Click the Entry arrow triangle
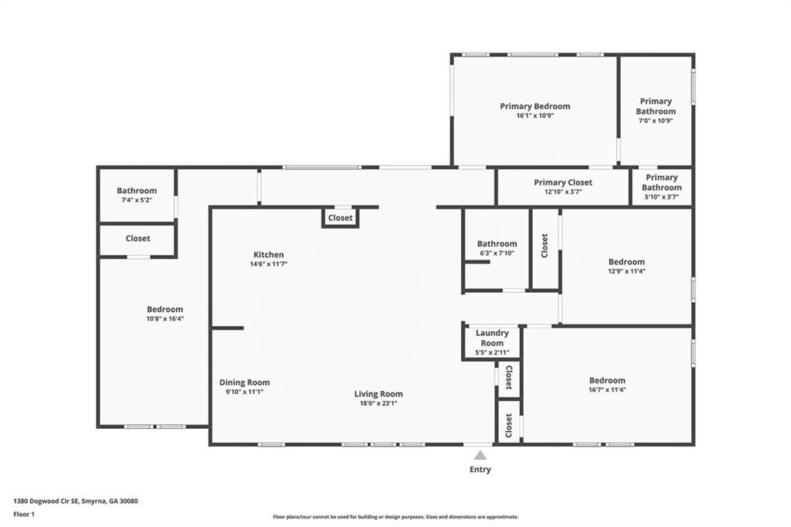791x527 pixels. (x=480, y=455)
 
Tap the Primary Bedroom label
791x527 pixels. (x=535, y=107)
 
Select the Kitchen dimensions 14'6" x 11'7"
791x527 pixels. (x=269, y=264)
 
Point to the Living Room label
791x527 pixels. (x=379, y=394)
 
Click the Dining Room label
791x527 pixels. (x=245, y=382)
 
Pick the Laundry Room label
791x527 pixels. (x=492, y=338)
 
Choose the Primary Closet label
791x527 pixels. (x=563, y=182)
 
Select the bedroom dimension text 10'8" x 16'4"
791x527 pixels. (x=165, y=318)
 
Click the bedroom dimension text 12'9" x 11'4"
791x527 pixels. (x=626, y=271)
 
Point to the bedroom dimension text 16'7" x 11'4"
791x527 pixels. (x=607, y=389)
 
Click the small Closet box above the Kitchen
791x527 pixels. (x=340, y=218)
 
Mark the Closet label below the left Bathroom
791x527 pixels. (x=137, y=239)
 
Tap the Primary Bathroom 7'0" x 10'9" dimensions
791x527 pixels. (x=656, y=121)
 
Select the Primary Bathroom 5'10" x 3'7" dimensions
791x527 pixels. (x=662, y=197)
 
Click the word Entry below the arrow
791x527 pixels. (x=480, y=469)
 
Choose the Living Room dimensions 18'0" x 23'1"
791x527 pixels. (x=379, y=403)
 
